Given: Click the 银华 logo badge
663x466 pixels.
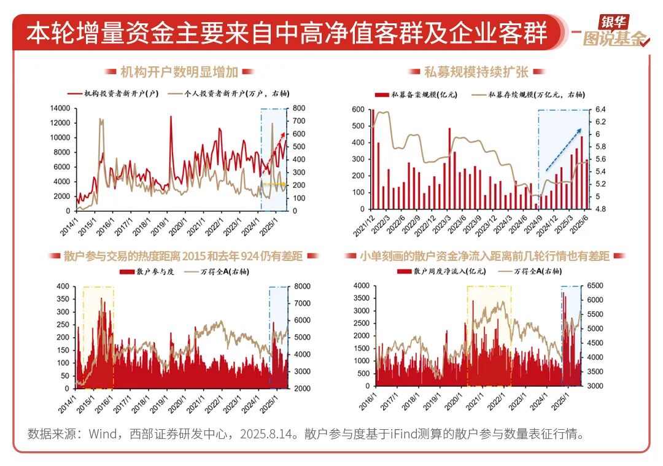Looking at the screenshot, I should click(614, 22).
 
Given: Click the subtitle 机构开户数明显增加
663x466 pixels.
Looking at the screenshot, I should click(179, 72).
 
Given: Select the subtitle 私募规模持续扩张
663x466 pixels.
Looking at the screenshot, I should click(476, 72).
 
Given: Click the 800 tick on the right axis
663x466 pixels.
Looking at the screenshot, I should click(300, 108).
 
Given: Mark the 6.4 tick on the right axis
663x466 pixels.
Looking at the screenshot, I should click(601, 109).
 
